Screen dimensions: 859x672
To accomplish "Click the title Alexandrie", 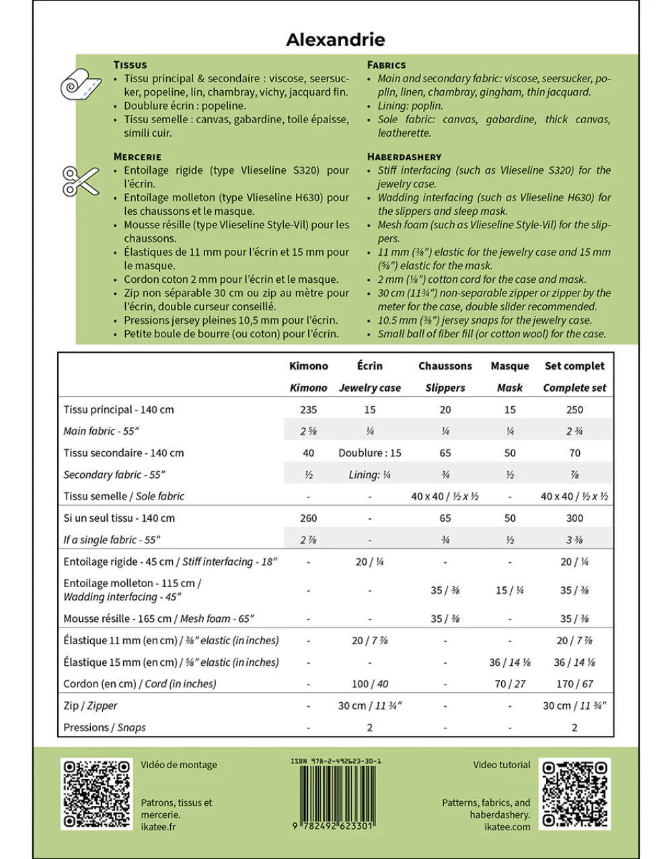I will pos(335,40).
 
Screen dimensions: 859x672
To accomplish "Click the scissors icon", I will pos(81,181).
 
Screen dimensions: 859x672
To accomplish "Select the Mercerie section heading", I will pos(137,156).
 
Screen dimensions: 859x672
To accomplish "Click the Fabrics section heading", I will pos(386,65).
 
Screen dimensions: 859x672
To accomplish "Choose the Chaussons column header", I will pos(445,366).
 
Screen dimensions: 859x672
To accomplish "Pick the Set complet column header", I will pos(574,366).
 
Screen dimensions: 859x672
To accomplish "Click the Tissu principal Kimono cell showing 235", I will pos(308,409).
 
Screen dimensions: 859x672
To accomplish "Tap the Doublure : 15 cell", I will pos(370,453).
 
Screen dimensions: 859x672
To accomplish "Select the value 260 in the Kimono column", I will pos(308,518).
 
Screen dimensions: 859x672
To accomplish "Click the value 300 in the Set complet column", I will pos(574,518).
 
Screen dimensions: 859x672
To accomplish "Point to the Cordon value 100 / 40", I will pos(370,683).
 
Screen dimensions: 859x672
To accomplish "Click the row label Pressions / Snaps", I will pos(104,727).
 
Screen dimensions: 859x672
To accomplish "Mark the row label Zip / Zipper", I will pos(90,706).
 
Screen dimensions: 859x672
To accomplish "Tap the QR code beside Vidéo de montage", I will pos(97,794).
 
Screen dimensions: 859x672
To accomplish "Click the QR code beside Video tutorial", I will pos(574,794).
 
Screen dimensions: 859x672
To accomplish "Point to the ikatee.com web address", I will pos(507,827).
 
